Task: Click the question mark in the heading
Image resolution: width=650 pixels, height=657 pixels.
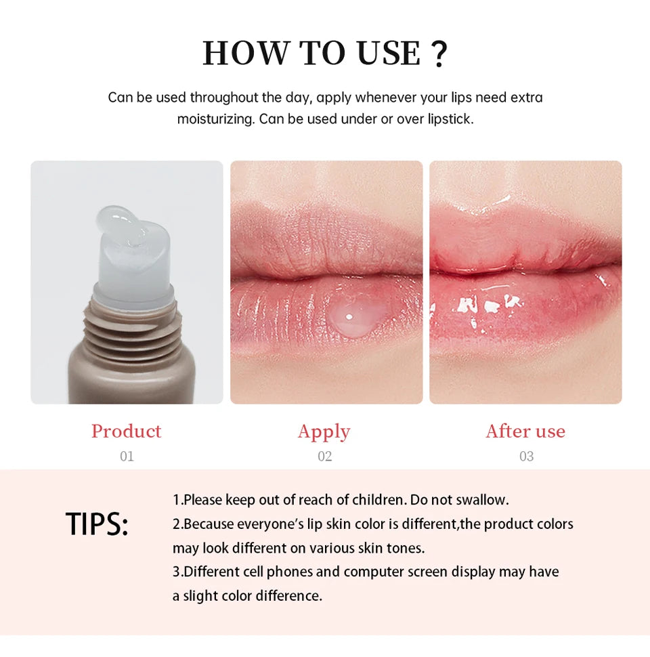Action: [x=439, y=54]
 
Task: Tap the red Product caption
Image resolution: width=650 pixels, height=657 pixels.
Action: [x=127, y=431]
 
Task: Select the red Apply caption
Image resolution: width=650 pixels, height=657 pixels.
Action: [x=324, y=431]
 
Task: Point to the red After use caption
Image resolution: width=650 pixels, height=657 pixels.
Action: [x=525, y=431]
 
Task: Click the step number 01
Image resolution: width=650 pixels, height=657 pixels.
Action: [x=127, y=457]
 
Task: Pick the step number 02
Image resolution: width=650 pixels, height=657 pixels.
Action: [x=325, y=457]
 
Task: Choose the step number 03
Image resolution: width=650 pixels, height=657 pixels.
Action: [x=526, y=457]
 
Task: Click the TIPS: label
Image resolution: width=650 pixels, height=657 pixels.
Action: [x=97, y=525]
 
